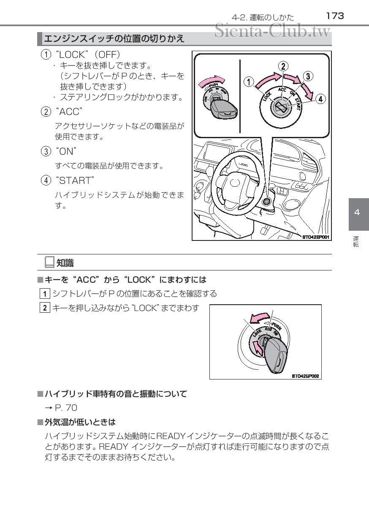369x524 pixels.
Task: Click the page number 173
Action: click(335, 16)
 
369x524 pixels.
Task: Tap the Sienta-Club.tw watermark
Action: click(272, 31)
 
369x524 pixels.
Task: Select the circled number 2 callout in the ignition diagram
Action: click(283, 66)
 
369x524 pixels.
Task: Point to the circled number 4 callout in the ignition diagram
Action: click(320, 99)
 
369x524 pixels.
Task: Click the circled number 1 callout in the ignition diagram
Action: click(249, 82)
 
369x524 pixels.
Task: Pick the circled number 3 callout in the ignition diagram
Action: click(308, 76)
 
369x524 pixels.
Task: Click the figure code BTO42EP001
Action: click(315, 237)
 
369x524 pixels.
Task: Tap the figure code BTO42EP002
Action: click(305, 376)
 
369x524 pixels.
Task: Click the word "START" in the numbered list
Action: click(75, 180)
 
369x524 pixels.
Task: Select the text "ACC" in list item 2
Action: click(69, 112)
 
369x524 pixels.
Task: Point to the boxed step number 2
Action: click(45, 308)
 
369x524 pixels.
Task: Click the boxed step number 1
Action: click(45, 293)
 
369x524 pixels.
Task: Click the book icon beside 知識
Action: click(49, 262)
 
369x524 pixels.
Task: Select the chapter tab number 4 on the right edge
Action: click(357, 212)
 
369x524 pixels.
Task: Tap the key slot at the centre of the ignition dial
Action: click(281, 108)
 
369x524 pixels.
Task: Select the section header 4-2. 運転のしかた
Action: click(263, 18)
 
